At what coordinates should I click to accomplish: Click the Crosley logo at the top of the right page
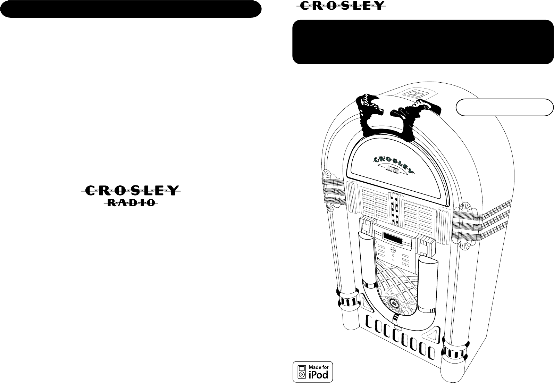click(342, 6)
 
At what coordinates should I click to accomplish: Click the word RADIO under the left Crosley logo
click(131, 202)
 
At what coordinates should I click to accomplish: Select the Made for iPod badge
click(313, 372)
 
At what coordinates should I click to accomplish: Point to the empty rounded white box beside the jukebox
click(504, 107)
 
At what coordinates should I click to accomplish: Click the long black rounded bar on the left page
click(131, 9)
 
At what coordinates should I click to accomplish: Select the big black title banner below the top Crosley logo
click(423, 42)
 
